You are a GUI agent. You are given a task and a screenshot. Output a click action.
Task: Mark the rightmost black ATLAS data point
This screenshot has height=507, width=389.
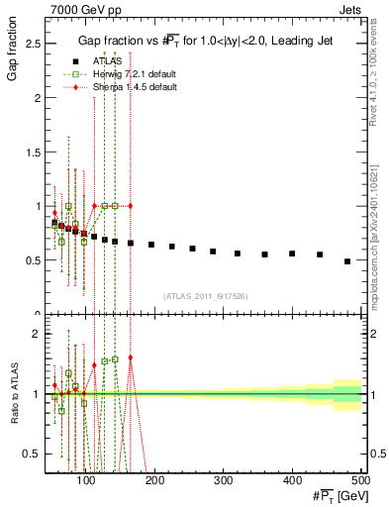tap(346, 261)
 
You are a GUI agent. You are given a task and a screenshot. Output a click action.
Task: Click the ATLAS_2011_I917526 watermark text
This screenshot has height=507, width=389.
tap(205, 296)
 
